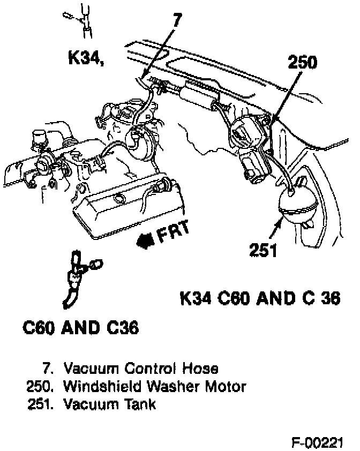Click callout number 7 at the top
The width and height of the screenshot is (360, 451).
[x=177, y=20]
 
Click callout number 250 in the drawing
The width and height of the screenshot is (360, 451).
[x=303, y=62]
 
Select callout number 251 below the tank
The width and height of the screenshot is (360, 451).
[x=263, y=250]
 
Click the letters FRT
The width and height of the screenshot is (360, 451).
[x=173, y=231]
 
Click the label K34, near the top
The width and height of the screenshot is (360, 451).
[x=86, y=58]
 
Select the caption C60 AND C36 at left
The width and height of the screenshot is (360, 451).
[x=81, y=328]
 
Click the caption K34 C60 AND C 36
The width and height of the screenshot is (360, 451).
[x=260, y=298]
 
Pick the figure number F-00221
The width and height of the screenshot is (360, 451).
[x=317, y=442]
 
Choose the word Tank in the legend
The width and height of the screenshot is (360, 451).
[x=140, y=404]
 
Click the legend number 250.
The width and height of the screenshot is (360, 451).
[x=40, y=387]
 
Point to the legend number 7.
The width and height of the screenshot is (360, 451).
[x=48, y=369]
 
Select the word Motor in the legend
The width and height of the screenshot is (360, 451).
[x=226, y=386]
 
